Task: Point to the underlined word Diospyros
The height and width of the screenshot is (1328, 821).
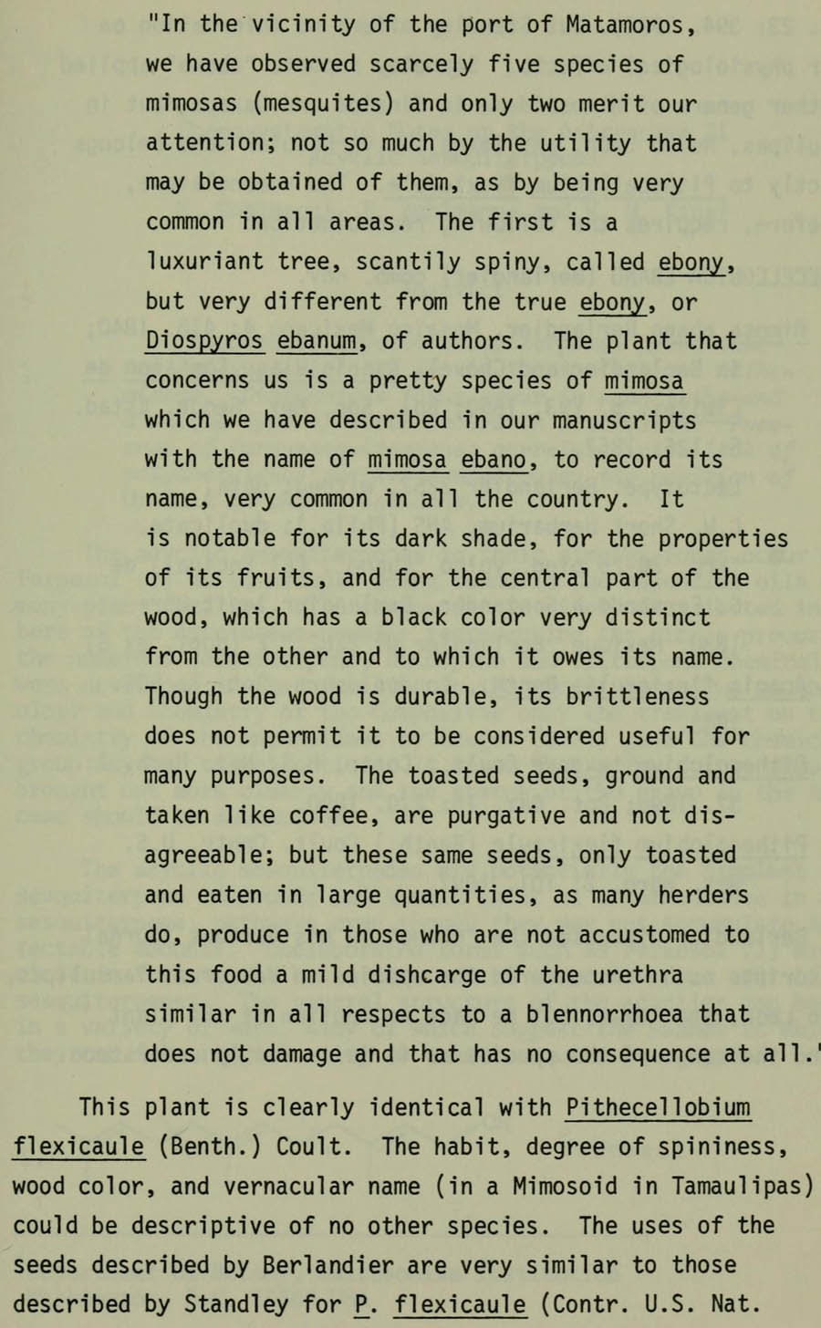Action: (x=204, y=341)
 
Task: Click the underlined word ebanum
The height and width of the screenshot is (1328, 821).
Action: (x=317, y=341)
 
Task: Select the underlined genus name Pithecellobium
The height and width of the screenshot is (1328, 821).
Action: (x=658, y=1107)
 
